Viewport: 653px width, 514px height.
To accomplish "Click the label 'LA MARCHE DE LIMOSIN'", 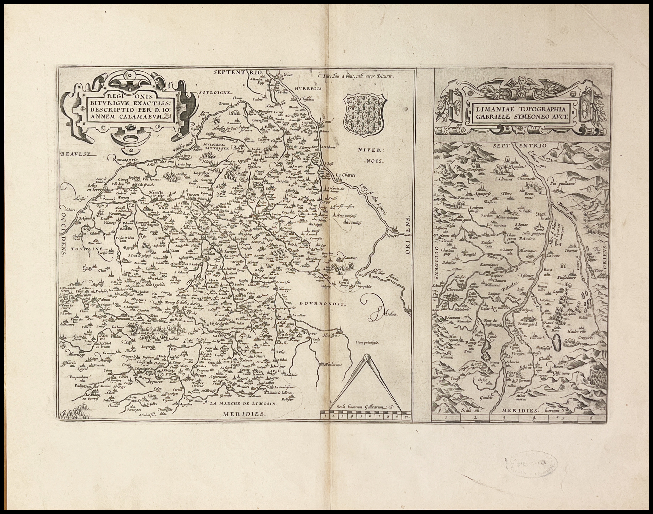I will (x=243, y=404).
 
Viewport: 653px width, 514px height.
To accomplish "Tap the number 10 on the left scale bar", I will (x=406, y=417).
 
